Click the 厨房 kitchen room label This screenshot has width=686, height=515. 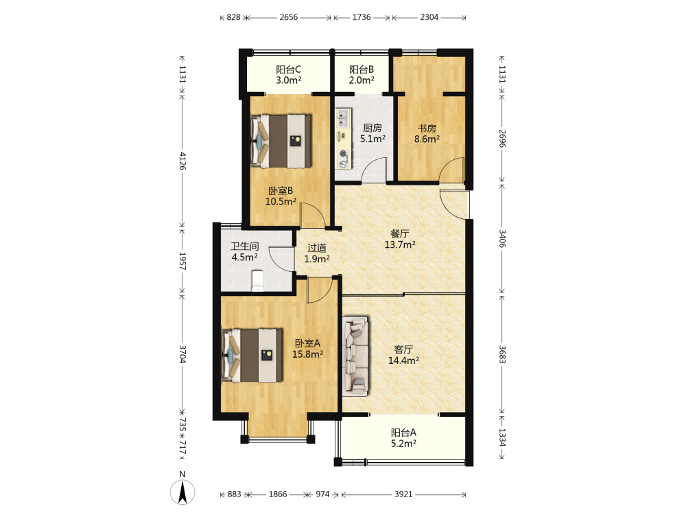(372, 128)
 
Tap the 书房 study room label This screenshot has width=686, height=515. (427, 128)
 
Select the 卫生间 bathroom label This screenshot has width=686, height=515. (245, 247)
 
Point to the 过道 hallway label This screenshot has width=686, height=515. (317, 248)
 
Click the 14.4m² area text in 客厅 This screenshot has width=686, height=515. (403, 360)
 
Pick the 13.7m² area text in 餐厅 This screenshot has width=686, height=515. (400, 245)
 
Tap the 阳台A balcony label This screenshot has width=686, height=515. (403, 433)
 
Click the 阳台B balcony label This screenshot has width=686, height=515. (362, 69)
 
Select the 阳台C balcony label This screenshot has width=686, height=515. (288, 69)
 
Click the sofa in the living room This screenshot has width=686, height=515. (356, 356)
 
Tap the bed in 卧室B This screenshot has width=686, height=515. (281, 141)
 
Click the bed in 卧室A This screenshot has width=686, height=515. (252, 356)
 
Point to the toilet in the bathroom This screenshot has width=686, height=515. (258, 281)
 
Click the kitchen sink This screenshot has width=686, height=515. (343, 117)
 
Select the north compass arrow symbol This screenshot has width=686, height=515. (182, 492)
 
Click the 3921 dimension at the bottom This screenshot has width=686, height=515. (403, 494)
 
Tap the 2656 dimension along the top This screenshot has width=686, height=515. (289, 17)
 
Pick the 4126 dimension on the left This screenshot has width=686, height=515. (182, 161)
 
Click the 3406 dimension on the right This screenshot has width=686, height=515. (502, 239)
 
